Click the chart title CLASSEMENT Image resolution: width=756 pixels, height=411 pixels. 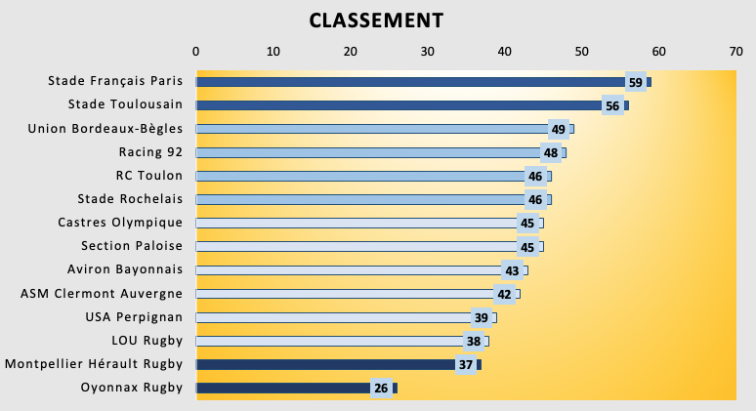pyautogui.click(x=376, y=21)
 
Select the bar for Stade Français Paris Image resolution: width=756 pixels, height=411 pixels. pyautogui.click(x=410, y=82)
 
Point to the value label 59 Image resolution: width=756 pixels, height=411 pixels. pyautogui.click(x=635, y=82)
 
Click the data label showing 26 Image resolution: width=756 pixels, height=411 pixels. pyautogui.click(x=381, y=389)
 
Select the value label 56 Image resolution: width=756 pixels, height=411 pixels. pyautogui.click(x=612, y=105)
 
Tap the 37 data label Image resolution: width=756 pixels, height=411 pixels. pyautogui.click(x=466, y=365)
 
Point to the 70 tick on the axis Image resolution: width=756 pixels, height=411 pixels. pyautogui.click(x=735, y=51)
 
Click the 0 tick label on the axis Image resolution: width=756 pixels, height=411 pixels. pyautogui.click(x=196, y=51)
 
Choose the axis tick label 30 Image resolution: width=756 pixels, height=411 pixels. pyautogui.click(x=428, y=51)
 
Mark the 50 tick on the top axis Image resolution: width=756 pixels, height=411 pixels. pyautogui.click(x=581, y=51)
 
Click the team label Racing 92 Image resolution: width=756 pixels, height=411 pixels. pyautogui.click(x=150, y=152)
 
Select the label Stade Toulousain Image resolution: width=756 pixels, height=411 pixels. pyautogui.click(x=125, y=105)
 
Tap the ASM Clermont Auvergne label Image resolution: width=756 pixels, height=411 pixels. pyautogui.click(x=102, y=294)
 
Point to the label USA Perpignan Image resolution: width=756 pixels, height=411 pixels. pyautogui.click(x=135, y=317)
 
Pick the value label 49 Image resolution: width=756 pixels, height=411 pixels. pyautogui.click(x=559, y=129)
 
